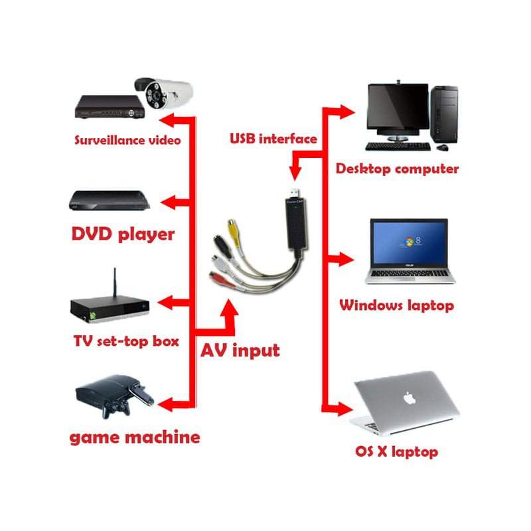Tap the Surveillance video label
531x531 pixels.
127,140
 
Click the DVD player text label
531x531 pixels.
123,234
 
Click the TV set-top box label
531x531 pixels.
126,342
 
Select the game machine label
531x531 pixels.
135,437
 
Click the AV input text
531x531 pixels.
240,350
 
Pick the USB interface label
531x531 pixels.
273,139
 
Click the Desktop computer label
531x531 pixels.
397,169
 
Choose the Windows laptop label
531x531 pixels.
396,305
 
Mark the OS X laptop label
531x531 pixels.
396,452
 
